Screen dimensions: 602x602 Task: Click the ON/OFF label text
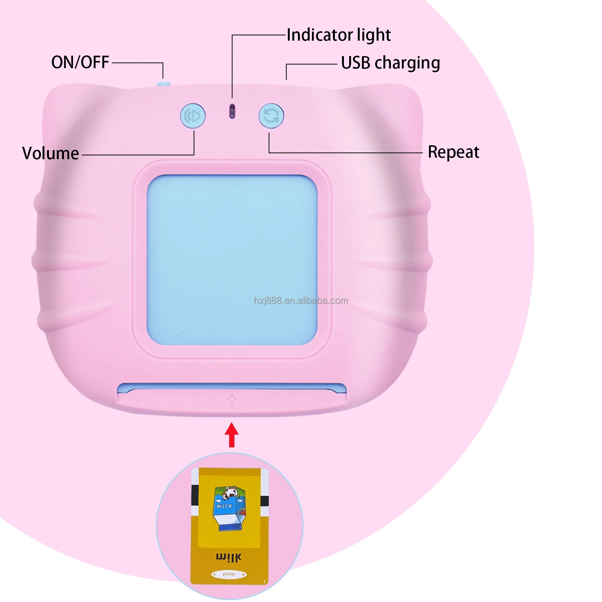[x=80, y=62]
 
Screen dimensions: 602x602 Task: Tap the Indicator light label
[x=338, y=35]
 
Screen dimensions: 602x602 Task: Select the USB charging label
[x=390, y=63]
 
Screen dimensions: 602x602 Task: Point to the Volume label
[x=50, y=154]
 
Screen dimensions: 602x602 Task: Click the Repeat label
[x=453, y=152]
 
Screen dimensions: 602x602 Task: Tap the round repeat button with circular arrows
[x=271, y=116]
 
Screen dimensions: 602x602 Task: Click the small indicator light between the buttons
[x=232, y=111]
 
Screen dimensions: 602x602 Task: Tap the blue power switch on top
[x=163, y=84]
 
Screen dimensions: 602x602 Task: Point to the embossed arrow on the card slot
[x=232, y=400]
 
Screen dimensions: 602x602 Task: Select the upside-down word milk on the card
[x=229, y=557]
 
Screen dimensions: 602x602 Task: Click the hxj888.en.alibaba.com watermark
[x=301, y=301]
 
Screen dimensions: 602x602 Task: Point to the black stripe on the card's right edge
[x=265, y=501]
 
